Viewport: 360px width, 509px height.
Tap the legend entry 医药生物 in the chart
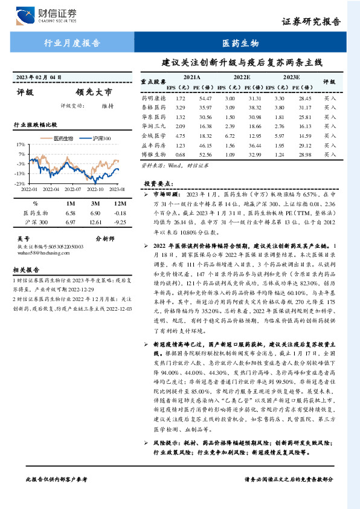pos(63,139)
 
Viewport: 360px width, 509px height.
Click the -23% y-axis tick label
pos(20,183)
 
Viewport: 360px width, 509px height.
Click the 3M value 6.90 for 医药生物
pos(95,213)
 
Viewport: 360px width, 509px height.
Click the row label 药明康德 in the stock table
pos(153,98)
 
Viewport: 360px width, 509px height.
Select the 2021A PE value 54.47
pos(205,98)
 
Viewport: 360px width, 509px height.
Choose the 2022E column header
pos(242,78)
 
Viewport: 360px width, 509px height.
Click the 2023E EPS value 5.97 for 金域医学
pos(279,137)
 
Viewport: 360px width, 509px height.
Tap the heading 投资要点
pos(158,183)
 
